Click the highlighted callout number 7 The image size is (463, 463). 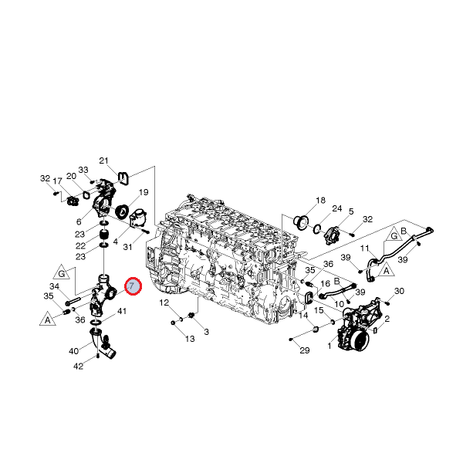coord(133,286)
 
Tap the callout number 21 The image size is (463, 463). coord(103,161)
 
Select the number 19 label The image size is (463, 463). coord(144,192)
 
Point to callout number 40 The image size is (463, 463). coord(74,351)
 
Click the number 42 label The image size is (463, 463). coord(78,367)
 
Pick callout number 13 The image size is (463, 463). coord(190,339)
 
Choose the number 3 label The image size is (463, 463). coord(206,332)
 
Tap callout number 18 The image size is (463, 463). coord(320,201)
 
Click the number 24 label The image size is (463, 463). coord(337,208)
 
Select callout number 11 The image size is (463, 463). coord(365,248)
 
